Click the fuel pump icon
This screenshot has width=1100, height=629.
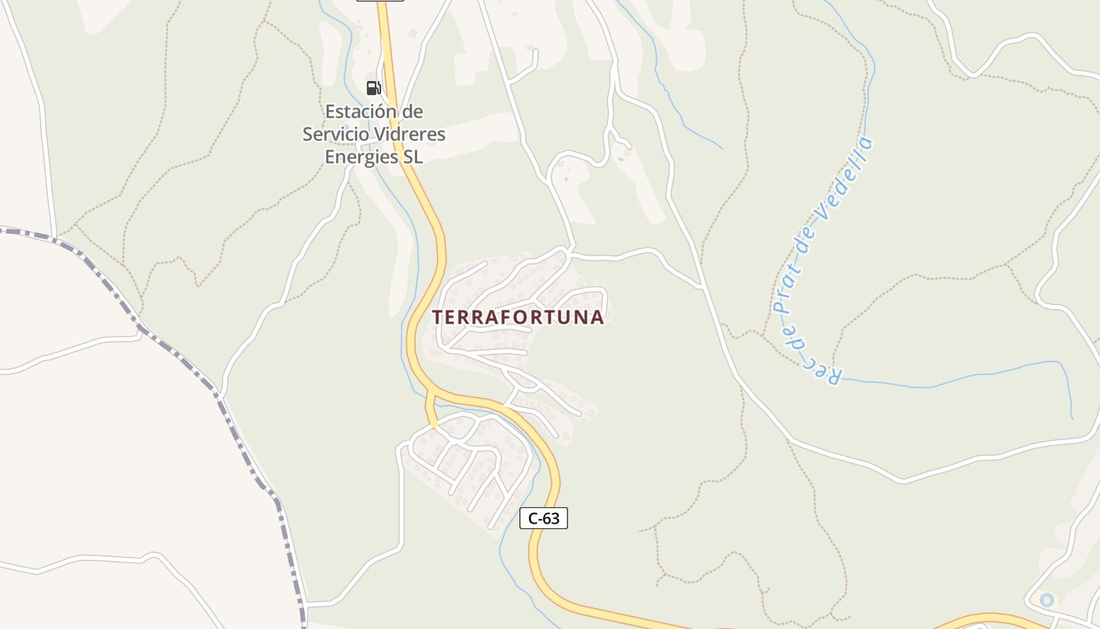(373, 87)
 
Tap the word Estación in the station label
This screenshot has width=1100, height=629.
(363, 111)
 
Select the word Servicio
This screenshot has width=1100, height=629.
(335, 134)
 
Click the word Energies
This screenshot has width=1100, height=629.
(362, 156)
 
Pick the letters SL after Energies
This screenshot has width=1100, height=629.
(413, 156)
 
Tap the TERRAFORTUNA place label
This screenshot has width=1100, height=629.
(518, 317)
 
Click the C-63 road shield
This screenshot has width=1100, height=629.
(544, 518)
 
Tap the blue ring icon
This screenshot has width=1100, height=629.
(1047, 600)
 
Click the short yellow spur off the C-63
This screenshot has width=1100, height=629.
(430, 410)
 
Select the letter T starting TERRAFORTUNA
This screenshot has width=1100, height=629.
(438, 317)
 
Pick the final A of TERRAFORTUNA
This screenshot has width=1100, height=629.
(598, 317)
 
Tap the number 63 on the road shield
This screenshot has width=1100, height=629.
(552, 518)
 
